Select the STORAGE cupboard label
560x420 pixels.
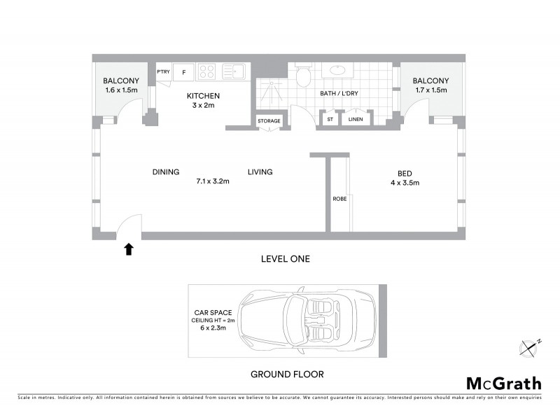[x=269, y=121]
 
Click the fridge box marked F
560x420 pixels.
[x=184, y=71]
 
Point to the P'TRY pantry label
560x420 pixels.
[x=163, y=71]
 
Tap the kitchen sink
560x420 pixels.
[x=233, y=71]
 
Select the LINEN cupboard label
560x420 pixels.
[x=356, y=120]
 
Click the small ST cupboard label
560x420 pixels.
[x=329, y=120]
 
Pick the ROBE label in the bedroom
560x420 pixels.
[x=338, y=199]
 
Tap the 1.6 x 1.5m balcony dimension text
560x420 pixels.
[x=122, y=91]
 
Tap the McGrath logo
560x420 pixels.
[x=503, y=383]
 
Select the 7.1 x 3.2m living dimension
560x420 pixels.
[x=213, y=181]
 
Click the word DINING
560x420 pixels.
[x=166, y=171]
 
